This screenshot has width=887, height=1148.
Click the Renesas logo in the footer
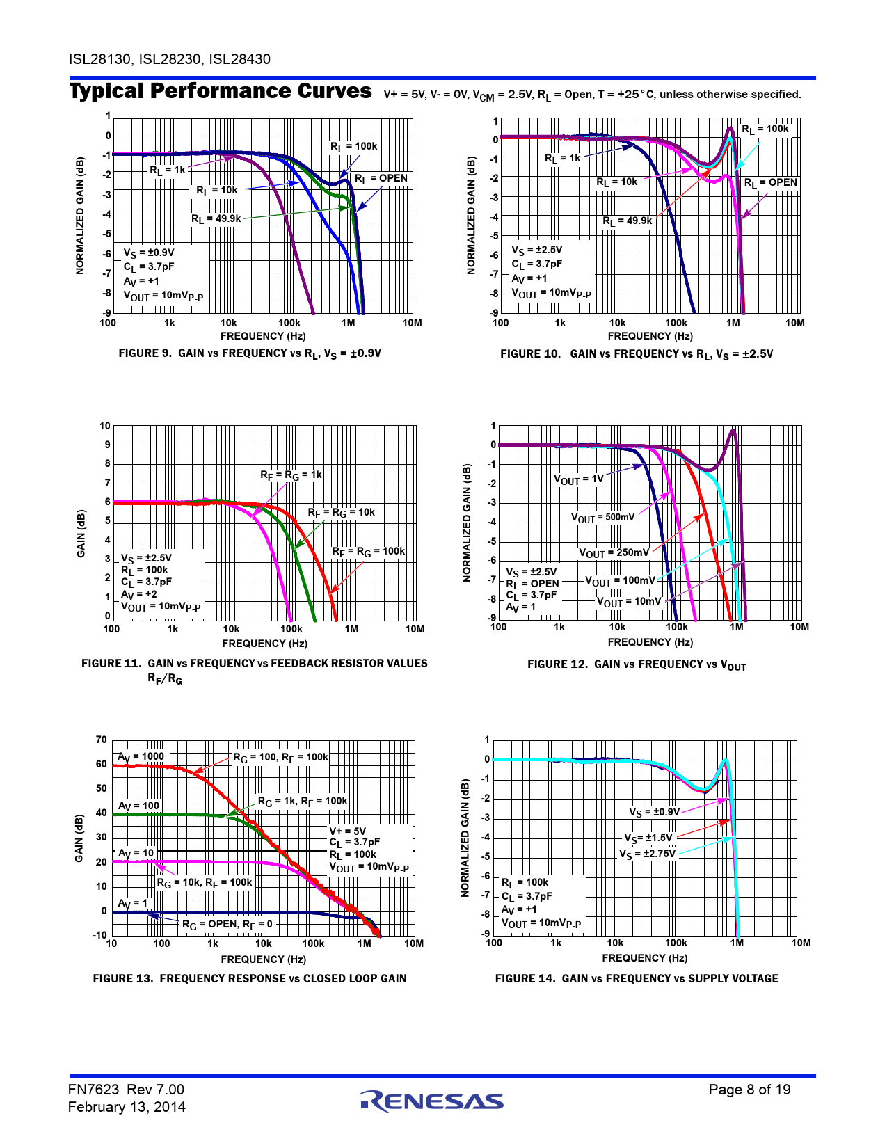tap(432, 1101)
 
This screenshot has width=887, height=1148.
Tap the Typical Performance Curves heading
tap(221, 91)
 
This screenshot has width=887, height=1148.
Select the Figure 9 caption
tap(250, 353)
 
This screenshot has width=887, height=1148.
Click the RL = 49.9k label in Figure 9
tap(216, 219)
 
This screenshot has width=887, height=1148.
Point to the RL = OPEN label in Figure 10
tap(770, 183)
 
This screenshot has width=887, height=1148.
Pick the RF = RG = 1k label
tap(291, 475)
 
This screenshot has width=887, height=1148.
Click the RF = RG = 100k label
tap(368, 552)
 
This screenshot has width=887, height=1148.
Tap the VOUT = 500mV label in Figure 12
tap(602, 518)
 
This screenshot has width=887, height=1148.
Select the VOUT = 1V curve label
tap(578, 479)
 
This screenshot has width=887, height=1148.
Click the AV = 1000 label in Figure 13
tap(141, 757)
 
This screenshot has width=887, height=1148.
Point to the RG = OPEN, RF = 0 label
tap(227, 925)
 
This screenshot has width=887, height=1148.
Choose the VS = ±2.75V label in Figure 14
tap(647, 854)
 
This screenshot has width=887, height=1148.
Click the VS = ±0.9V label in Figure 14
tap(654, 812)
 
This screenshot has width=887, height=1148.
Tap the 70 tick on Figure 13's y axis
tap(102, 740)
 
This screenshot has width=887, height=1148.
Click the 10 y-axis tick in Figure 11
tap(105, 426)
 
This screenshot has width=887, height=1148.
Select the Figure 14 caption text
tap(637, 978)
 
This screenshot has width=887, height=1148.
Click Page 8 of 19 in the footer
tap(749, 1090)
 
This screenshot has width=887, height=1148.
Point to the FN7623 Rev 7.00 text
tap(126, 1090)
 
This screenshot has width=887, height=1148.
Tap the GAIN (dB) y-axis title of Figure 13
tap(79, 838)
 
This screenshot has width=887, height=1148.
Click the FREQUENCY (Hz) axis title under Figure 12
tap(650, 642)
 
